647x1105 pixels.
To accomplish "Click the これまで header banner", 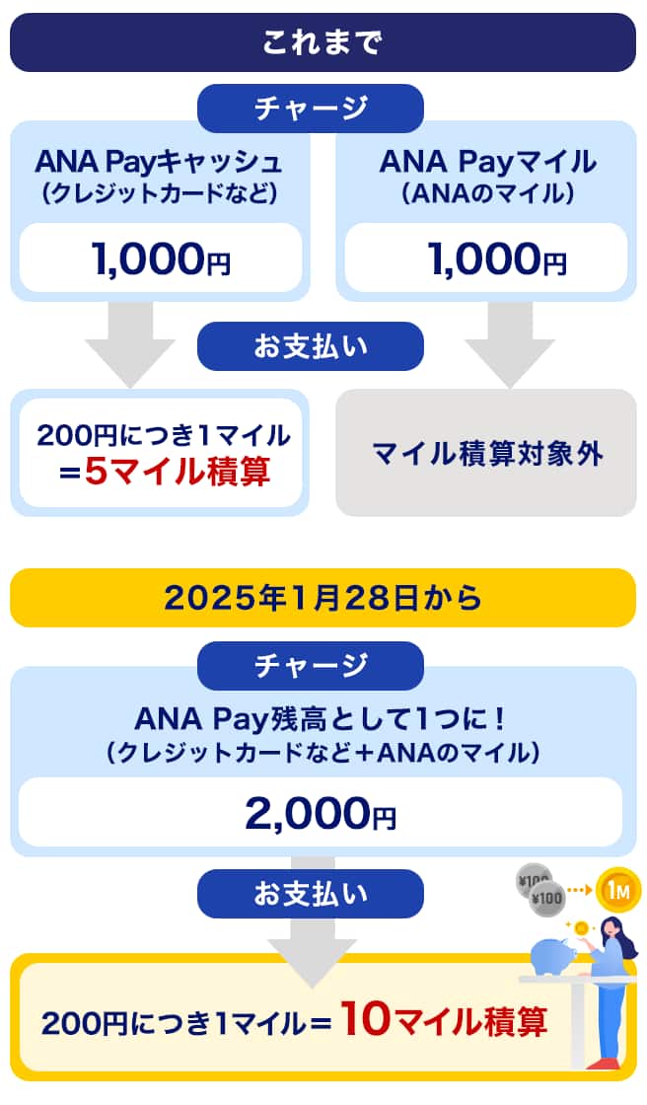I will point(323,42).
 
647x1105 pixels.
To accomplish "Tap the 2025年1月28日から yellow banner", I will point(323,597).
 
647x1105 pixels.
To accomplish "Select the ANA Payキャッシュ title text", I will point(159,161).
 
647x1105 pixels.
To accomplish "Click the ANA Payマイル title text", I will point(487,161).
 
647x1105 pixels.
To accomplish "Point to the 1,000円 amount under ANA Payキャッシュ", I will point(160,258).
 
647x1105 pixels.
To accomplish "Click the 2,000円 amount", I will point(321,814).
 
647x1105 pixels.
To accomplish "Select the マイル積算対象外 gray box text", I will point(487,454).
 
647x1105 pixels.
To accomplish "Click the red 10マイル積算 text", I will point(444,1020).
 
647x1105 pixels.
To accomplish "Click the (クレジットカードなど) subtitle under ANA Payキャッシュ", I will point(159,192).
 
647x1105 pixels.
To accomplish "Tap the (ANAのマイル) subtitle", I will point(487,192).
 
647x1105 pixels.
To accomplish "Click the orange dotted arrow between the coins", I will point(578,890).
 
